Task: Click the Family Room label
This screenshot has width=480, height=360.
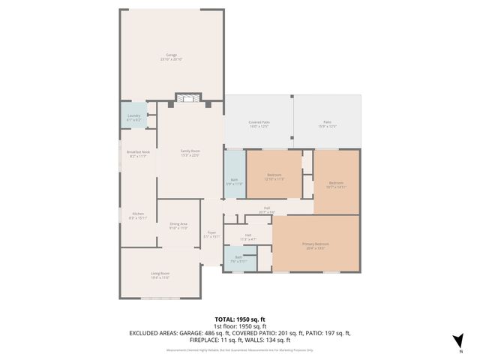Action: [190, 153]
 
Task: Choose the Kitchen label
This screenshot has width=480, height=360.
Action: [138, 215]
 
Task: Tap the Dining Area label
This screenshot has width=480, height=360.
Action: [178, 226]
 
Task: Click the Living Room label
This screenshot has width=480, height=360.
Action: [160, 275]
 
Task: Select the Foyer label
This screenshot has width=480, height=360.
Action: [211, 234]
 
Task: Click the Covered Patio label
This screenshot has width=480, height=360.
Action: [259, 124]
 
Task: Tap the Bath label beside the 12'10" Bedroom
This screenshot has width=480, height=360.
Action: [234, 181]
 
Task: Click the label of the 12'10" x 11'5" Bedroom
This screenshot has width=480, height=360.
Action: [274, 176]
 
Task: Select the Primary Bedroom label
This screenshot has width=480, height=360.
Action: [316, 246]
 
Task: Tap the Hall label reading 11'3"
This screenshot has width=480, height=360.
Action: [247, 237]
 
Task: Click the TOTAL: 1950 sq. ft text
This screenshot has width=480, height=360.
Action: [239, 319]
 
